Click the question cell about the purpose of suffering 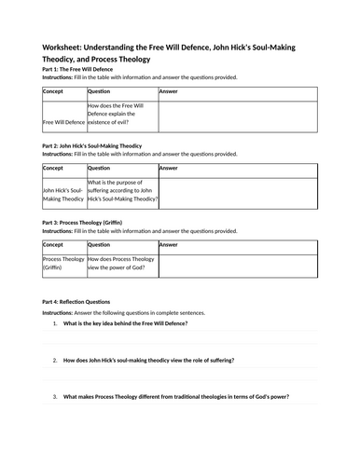coord(121,188)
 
